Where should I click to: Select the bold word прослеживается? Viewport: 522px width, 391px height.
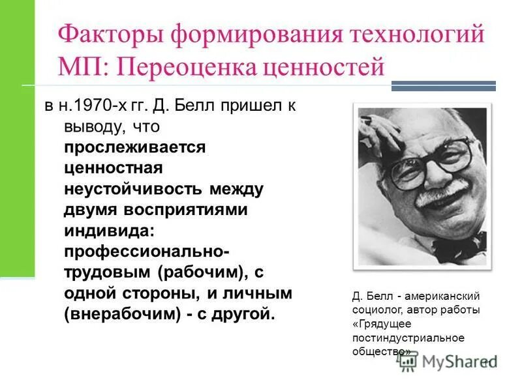coord(134,147)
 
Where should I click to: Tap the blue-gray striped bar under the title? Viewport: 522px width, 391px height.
coord(443,85)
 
